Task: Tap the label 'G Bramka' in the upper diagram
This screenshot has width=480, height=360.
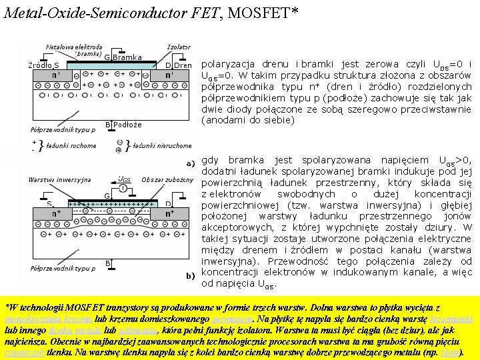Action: pyautogui.click(x=122, y=57)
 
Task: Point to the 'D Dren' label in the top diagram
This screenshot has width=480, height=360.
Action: pyautogui.click(x=178, y=65)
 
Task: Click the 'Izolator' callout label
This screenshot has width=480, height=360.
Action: pyautogui.click(x=179, y=47)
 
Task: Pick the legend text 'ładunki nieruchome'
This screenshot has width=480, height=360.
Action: pyautogui.click(x=162, y=145)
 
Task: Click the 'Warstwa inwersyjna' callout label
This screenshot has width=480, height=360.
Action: pyautogui.click(x=59, y=179)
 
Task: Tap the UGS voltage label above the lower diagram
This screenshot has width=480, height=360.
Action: pyautogui.click(x=124, y=179)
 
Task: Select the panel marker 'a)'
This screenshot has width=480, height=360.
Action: pyautogui.click(x=190, y=162)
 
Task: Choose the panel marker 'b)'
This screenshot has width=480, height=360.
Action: pyautogui.click(x=190, y=275)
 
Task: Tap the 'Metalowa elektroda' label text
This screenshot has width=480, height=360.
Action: pyautogui.click(x=74, y=47)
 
